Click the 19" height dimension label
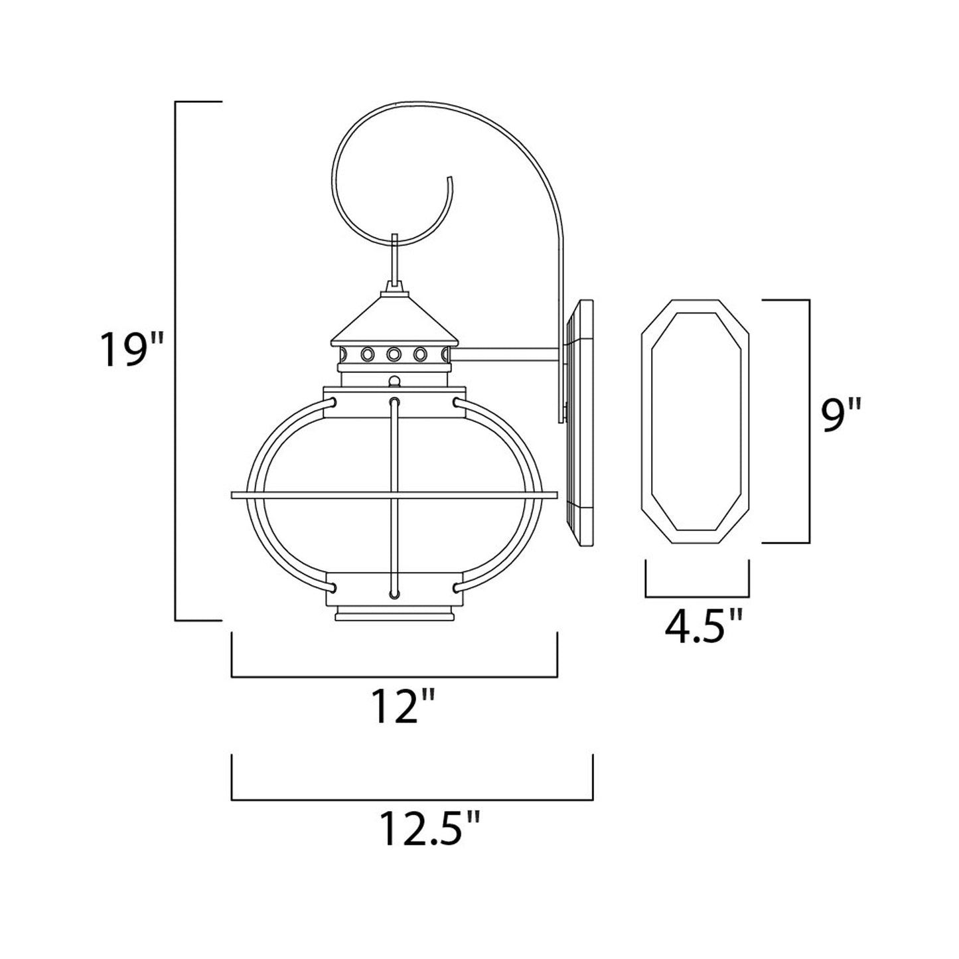[x=131, y=349]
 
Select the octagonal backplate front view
[x=696, y=422]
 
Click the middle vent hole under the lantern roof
[x=393, y=354]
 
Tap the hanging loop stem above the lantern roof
[x=396, y=259]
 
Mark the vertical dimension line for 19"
[x=175, y=361]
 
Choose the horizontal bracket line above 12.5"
[x=411, y=799]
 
